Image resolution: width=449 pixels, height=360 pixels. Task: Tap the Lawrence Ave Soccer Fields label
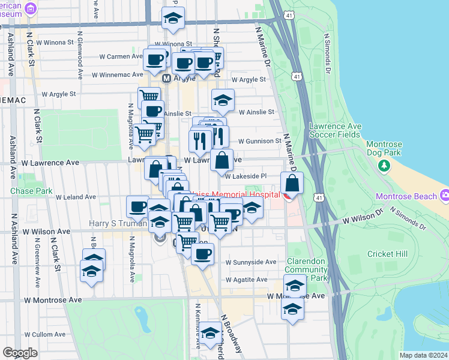point(335,130)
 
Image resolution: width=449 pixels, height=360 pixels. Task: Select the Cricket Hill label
point(388,254)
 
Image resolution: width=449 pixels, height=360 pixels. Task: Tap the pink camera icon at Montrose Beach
point(444,196)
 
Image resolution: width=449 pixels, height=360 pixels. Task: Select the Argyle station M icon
point(167,79)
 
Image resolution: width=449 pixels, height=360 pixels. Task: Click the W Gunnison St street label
point(259,141)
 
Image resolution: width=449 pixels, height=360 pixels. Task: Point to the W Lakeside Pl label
point(246,176)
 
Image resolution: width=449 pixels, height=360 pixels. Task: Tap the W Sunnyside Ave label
point(251,262)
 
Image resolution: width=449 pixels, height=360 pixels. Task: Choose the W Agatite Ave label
point(246,280)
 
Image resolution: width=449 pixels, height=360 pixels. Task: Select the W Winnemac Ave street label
point(115,75)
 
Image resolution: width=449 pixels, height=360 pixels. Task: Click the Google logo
point(20,352)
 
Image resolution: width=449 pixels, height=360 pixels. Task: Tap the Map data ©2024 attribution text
point(423,355)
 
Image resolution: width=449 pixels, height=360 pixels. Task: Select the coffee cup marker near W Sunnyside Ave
point(203,253)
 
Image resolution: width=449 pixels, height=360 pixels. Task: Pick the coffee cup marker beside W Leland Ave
point(137,206)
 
